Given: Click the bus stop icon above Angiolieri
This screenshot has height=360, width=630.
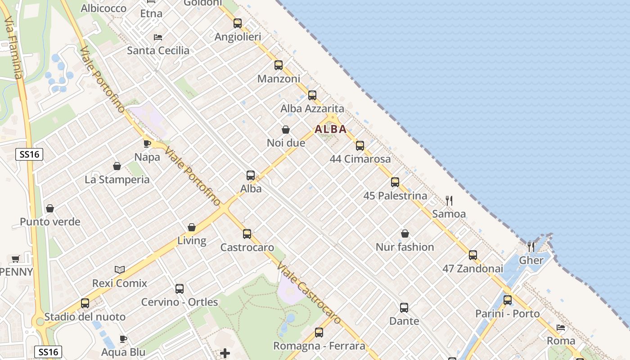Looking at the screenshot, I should [x=238, y=23].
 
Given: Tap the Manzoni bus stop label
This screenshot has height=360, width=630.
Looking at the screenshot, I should [x=279, y=79].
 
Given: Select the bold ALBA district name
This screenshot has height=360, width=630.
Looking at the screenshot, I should [x=331, y=130].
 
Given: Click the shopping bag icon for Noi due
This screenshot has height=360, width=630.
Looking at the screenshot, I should [x=286, y=130].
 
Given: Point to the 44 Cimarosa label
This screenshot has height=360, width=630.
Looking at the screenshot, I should [x=360, y=159].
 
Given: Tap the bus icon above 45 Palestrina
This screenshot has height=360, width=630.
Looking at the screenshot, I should [x=395, y=182].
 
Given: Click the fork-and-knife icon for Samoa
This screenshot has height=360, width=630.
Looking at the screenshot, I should [x=449, y=200].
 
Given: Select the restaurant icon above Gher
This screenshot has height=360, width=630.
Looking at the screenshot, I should [x=531, y=247].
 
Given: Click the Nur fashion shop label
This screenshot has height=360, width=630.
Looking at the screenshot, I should [x=405, y=247].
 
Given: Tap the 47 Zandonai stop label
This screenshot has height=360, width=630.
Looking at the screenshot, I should [x=472, y=269].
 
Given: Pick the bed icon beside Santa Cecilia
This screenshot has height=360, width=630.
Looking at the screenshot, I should [x=158, y=37].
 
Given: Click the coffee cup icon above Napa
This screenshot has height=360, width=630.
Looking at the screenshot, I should [x=147, y=144].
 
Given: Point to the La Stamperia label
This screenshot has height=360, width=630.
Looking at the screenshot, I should [x=117, y=180].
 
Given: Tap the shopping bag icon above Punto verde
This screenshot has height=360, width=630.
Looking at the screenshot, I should [x=50, y=208].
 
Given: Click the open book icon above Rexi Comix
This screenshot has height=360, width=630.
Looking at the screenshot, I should [x=120, y=270].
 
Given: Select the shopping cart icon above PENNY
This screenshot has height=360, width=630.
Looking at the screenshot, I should [x=16, y=259].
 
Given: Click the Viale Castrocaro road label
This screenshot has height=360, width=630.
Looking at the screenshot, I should [x=309, y=292].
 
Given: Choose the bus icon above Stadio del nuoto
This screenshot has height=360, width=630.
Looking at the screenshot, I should [x=85, y=303].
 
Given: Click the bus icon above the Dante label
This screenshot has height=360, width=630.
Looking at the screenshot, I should [x=404, y=308].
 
